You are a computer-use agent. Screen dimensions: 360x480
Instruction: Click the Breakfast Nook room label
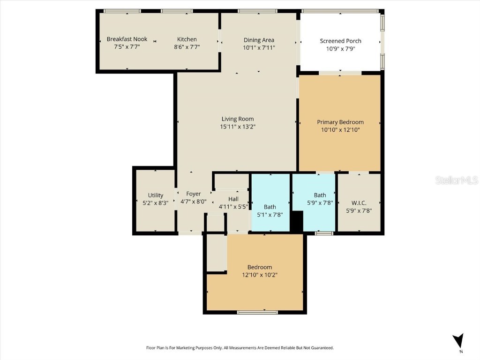[127, 39]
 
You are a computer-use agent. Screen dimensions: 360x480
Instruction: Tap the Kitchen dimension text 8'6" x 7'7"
[187, 47]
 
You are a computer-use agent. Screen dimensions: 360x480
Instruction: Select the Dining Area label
[259, 40]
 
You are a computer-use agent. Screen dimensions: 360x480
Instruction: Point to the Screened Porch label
[340, 41]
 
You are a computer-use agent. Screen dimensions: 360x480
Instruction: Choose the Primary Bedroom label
[340, 122]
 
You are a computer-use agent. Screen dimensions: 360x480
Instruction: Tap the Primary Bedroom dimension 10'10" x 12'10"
[340, 130]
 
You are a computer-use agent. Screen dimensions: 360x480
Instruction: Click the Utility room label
[156, 195]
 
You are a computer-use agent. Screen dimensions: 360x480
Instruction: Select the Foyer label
[194, 194]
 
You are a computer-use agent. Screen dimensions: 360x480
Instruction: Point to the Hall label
[233, 199]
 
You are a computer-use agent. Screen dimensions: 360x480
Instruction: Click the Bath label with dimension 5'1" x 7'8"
[270, 207]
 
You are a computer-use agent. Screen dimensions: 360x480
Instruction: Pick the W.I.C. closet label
[359, 203]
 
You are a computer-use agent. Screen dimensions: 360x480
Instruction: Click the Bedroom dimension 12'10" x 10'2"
[260, 275]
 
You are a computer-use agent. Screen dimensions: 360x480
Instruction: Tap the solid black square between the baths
[296, 221]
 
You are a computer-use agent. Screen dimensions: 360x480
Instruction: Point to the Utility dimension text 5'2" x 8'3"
[156, 203]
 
